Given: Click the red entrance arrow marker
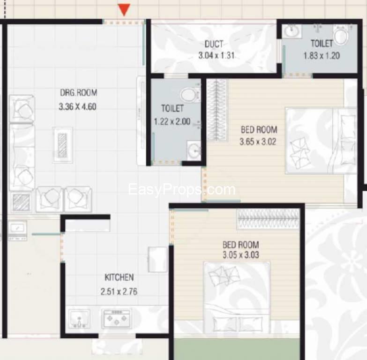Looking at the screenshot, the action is [124, 10].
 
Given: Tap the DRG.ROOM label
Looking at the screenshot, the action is [79, 93].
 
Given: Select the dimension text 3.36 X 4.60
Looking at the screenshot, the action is [77, 107].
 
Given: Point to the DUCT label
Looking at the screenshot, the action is [214, 44].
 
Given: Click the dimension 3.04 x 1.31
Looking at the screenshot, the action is [216, 56].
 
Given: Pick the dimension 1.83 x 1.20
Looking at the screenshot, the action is [322, 56].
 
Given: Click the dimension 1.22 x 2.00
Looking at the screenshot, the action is [172, 121].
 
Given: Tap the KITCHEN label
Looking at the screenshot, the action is [119, 277].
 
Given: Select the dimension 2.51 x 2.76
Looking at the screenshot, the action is [119, 292].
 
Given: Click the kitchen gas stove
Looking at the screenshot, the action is [117, 318].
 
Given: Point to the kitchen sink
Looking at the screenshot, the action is [79, 319].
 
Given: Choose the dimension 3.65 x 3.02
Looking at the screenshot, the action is [258, 142].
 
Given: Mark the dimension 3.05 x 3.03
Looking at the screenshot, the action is [240, 255].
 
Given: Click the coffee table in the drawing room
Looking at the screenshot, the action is [62, 145].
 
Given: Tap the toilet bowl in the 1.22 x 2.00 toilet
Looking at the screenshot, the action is [190, 95].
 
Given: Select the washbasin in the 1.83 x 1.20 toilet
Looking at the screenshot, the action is [292, 31].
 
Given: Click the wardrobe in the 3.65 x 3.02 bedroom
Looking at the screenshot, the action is [217, 110].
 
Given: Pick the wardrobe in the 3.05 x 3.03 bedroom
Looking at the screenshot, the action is [268, 218].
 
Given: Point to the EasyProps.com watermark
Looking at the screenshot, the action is [182, 189].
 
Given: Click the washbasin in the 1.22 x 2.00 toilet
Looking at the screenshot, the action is [194, 150].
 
